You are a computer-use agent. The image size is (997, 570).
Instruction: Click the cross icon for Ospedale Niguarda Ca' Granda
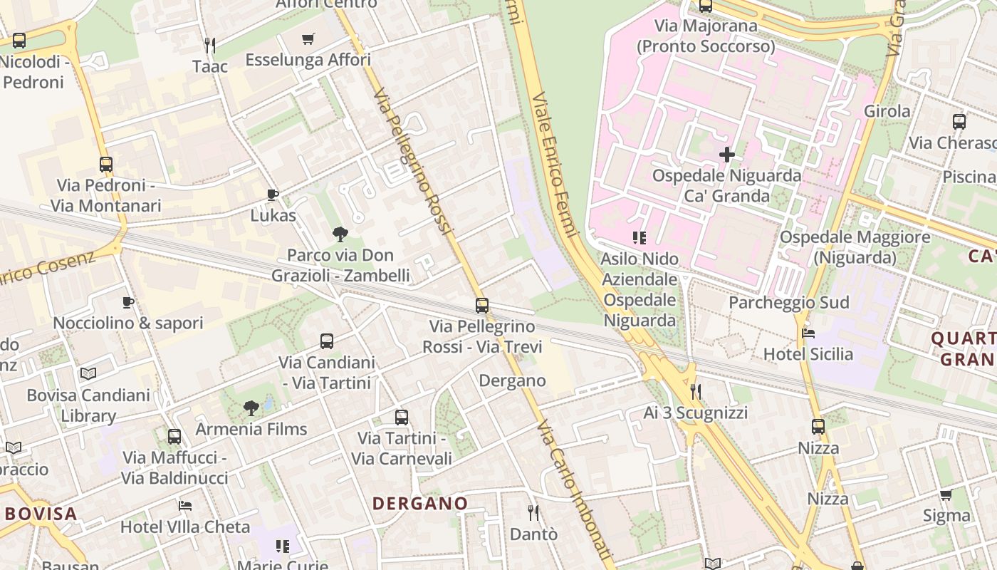(x=726, y=154)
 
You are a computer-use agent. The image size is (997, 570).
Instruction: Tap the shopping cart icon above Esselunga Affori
(x=308, y=38)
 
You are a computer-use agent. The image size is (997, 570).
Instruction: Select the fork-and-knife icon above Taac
(x=209, y=46)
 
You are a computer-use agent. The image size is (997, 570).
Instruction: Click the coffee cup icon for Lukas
(x=272, y=195)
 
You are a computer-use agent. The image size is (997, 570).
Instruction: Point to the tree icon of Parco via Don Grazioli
(x=340, y=234)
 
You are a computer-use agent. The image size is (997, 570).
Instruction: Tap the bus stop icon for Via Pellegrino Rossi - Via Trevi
(x=482, y=306)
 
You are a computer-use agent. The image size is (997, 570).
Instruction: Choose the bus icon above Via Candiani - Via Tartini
(x=327, y=341)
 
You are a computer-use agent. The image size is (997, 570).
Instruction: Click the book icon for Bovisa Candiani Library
(x=88, y=373)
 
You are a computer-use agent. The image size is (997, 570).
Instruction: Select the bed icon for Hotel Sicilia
(x=808, y=333)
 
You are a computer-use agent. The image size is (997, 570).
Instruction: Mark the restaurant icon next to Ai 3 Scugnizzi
(x=696, y=391)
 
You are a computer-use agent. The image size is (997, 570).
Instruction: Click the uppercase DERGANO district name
(x=420, y=504)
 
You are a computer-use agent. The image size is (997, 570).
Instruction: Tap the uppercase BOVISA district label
(x=41, y=514)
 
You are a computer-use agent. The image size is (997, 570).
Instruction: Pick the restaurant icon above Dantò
(x=533, y=512)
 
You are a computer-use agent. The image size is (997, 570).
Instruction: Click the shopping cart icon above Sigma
(x=946, y=494)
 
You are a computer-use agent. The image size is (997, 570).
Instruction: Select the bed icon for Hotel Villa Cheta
(x=185, y=506)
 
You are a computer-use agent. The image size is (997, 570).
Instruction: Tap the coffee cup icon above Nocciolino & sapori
(x=128, y=302)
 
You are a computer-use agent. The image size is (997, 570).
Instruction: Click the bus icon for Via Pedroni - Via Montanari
(x=106, y=165)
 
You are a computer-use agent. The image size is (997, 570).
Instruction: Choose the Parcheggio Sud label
(x=788, y=303)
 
